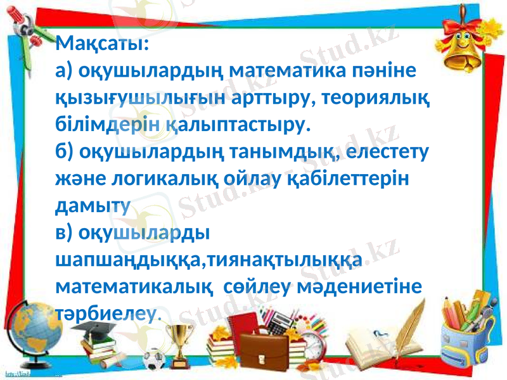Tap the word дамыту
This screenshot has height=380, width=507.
(93, 206)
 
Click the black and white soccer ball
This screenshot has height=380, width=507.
(154, 361)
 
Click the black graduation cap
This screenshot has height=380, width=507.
(103, 331)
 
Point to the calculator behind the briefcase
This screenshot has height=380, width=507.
(279, 324)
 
